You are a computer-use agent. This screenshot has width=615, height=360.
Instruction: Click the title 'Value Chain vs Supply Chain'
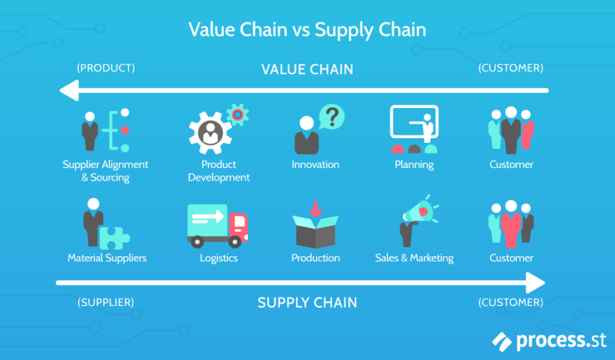307,30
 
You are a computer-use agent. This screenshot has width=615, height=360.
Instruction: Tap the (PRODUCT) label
106,68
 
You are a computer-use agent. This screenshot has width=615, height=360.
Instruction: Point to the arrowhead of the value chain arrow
66,90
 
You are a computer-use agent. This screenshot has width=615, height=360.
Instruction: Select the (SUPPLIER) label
106,302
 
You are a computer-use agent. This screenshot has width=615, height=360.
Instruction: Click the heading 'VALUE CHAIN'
307,69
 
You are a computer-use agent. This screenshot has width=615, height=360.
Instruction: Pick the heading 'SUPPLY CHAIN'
307,303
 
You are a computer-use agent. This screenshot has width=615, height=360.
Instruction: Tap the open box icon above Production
316,230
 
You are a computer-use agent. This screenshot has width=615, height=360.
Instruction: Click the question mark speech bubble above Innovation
331,117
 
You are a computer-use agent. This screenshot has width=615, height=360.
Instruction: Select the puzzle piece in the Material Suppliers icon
114,237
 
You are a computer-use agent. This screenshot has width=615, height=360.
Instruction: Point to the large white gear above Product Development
210,133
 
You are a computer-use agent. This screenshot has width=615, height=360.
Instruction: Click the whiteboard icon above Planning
414,125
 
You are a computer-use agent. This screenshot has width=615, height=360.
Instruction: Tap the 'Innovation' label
315,165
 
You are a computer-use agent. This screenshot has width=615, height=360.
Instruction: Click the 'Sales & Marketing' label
414,258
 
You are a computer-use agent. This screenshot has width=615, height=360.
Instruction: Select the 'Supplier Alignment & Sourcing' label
105,171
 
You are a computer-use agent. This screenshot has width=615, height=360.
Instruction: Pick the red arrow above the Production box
316,208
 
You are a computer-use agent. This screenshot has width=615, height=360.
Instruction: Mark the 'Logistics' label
219,258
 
